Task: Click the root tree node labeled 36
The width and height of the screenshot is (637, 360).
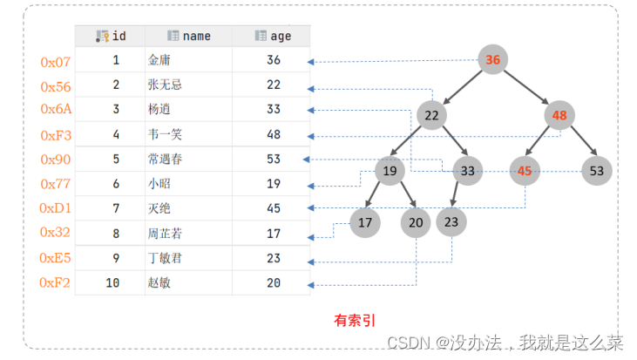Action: [x=493, y=60]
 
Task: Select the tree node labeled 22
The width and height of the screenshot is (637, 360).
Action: [x=431, y=116]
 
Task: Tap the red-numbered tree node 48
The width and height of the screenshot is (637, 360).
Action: [x=559, y=116]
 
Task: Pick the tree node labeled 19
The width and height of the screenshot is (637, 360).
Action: [x=390, y=171]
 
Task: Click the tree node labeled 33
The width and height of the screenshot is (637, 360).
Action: [x=468, y=171]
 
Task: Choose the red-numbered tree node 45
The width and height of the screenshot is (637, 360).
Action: [x=524, y=171]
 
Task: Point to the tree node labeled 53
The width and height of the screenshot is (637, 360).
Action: [x=597, y=171]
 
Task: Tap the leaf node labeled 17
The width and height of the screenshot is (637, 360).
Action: [x=365, y=223]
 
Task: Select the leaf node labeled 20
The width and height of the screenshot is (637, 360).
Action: [x=416, y=223]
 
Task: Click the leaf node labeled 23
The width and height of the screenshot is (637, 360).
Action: [x=451, y=223]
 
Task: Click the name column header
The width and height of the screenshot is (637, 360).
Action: [x=189, y=37]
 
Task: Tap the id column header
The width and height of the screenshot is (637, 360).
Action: [x=111, y=37]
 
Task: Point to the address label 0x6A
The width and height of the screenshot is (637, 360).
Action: [x=55, y=110]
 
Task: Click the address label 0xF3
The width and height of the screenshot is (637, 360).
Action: [x=56, y=136]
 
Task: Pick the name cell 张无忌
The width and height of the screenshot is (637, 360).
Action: [x=166, y=85]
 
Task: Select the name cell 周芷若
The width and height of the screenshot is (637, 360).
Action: [x=166, y=234]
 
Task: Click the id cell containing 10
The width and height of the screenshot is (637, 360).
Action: [x=113, y=283]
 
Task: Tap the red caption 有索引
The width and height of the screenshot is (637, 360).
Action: [x=355, y=320]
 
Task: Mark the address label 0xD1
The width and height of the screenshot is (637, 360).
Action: [x=56, y=208]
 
